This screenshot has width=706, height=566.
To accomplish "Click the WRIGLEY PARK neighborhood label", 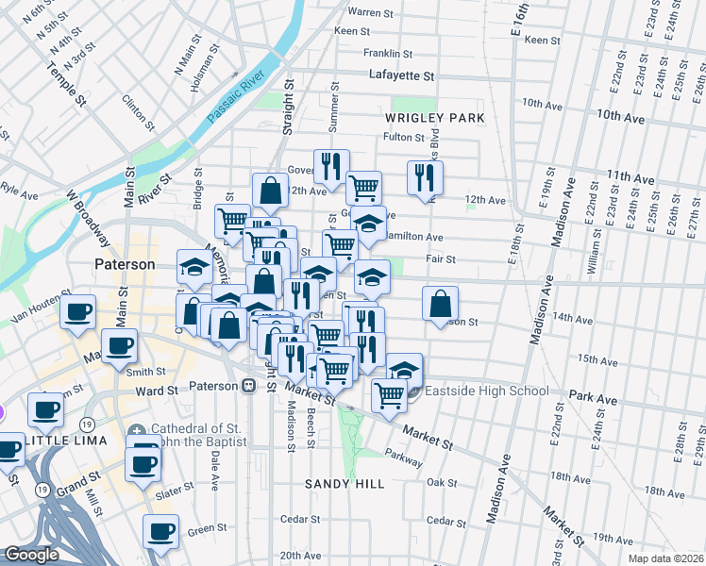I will [x=434, y=118].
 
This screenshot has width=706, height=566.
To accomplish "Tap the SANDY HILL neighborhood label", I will [x=345, y=483].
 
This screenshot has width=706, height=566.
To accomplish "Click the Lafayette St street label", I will [x=402, y=75].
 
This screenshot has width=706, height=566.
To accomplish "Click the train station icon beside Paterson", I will [x=249, y=385].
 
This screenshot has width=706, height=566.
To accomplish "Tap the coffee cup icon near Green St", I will [x=160, y=530].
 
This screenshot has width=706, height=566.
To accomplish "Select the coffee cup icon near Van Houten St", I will [x=77, y=310].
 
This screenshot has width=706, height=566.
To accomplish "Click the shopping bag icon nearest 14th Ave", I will [x=440, y=304].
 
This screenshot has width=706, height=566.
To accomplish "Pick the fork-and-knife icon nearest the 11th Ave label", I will [x=425, y=176].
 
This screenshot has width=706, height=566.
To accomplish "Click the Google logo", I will [x=31, y=555].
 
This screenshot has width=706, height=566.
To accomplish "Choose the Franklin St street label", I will [x=389, y=54].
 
